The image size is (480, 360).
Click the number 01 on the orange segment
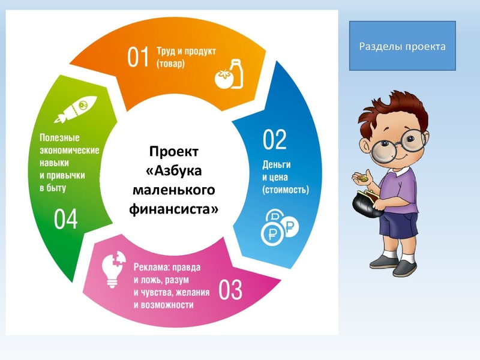[137, 57]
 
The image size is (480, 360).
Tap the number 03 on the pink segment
[230, 290]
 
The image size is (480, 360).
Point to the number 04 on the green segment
[66, 220]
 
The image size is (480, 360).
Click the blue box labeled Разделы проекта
[402, 46]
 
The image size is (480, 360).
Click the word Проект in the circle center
[173, 151]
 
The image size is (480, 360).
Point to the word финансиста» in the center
[173, 209]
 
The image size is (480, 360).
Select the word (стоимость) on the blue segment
[286, 190]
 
